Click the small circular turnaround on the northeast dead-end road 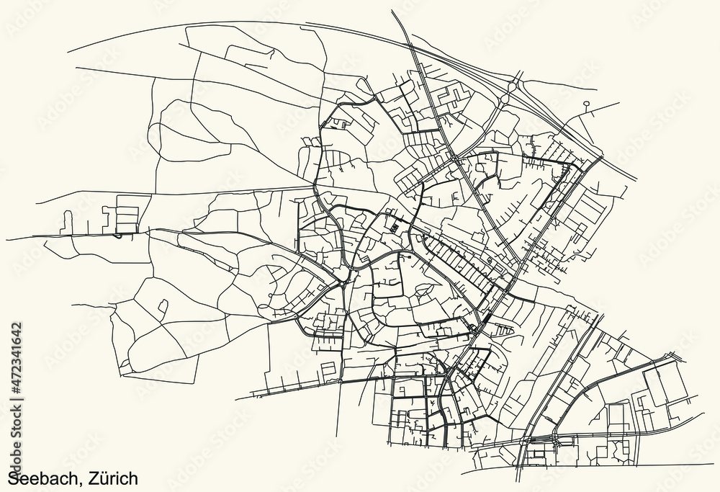[x=587, y=104]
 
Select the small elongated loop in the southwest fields [x=163, y=308]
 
